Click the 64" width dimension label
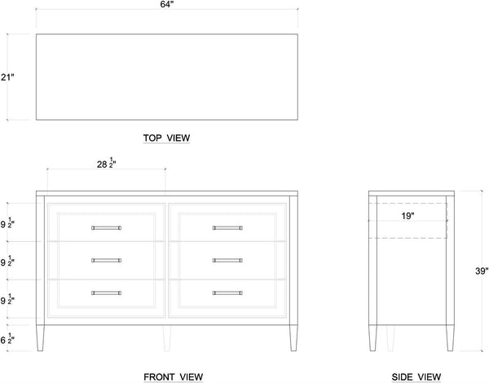pos(167,4)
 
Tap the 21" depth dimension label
pos(7,77)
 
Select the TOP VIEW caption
pos(166,138)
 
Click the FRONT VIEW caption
pos(174,377)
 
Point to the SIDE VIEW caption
pos(416,377)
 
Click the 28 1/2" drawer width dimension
pos(107,163)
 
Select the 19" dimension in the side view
pos(407,216)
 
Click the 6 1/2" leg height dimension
pos(7,339)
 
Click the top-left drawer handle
pos(106,228)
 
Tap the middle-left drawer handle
pos(106,261)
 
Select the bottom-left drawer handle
pos(106,293)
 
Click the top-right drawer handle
pos(227,228)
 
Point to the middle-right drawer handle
pos(227,261)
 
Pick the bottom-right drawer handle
pos(227,293)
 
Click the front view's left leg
pos(40,338)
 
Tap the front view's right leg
pos(293,338)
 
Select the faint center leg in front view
pos(167,338)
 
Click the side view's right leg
pos(450,338)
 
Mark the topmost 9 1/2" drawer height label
pos(7,223)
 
